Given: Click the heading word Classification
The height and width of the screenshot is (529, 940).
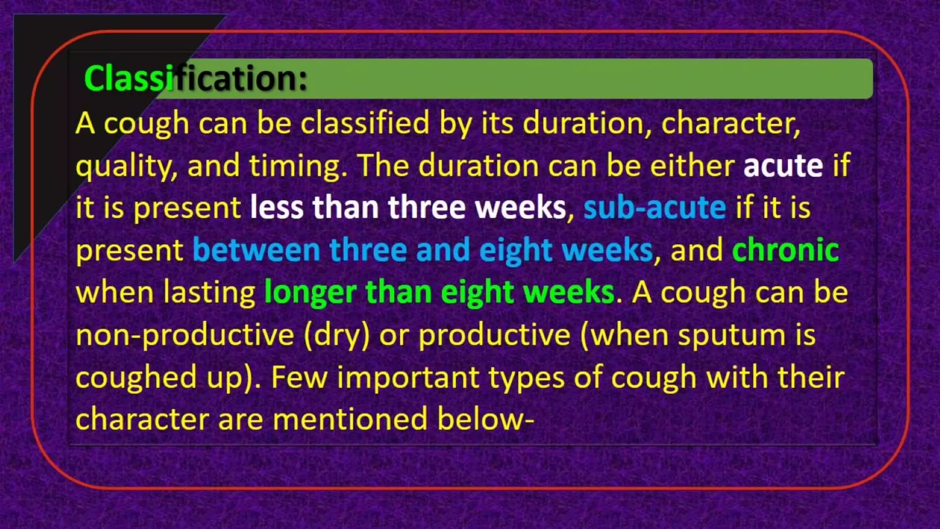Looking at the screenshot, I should pos(196,78).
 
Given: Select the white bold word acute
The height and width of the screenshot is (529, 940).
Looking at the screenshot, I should pos(783,165).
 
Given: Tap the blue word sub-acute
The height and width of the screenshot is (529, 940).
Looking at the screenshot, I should pos(655,208).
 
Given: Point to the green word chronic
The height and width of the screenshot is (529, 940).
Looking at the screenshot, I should pos(785,250).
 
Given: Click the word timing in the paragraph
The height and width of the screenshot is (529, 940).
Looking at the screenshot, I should pos(298,165).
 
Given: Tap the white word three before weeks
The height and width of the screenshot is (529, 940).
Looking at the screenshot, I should pos(426,208).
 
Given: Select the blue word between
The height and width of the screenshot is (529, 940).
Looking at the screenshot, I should pos(256,250).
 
